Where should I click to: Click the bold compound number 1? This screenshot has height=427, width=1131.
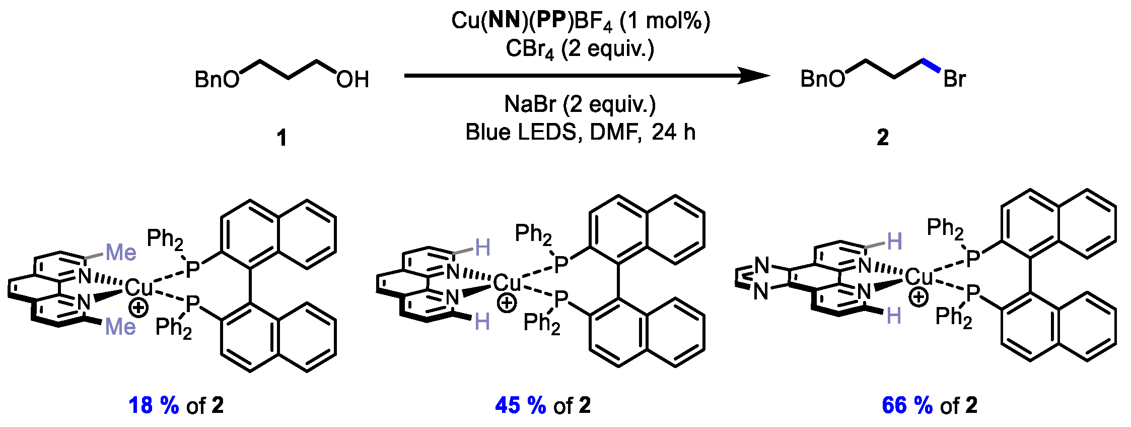[x=282, y=138]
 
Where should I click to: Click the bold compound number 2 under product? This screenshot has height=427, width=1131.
[x=883, y=138]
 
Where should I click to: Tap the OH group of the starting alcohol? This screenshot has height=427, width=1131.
[x=352, y=80]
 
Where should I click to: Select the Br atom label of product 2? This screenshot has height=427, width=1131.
[x=954, y=79]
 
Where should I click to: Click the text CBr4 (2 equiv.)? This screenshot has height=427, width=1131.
[x=580, y=49]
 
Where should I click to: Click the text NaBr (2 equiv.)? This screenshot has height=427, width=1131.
[x=580, y=104]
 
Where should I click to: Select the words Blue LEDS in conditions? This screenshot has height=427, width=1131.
[x=520, y=132]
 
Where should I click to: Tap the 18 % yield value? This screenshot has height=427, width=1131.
[x=154, y=405]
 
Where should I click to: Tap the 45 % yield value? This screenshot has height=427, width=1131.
[x=520, y=405]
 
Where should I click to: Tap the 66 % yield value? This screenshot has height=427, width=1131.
[x=907, y=405]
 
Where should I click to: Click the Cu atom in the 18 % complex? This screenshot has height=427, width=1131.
[x=138, y=287]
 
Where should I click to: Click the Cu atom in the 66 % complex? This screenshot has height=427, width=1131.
[x=918, y=276]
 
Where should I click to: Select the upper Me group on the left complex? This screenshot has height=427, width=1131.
[x=121, y=252]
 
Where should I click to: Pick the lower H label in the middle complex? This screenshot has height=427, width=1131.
[x=482, y=321]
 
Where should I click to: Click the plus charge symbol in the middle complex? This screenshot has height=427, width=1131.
[x=507, y=303]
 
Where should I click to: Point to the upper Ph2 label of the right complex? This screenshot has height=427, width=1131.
[x=945, y=228]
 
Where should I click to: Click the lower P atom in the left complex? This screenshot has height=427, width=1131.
[x=193, y=304]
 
